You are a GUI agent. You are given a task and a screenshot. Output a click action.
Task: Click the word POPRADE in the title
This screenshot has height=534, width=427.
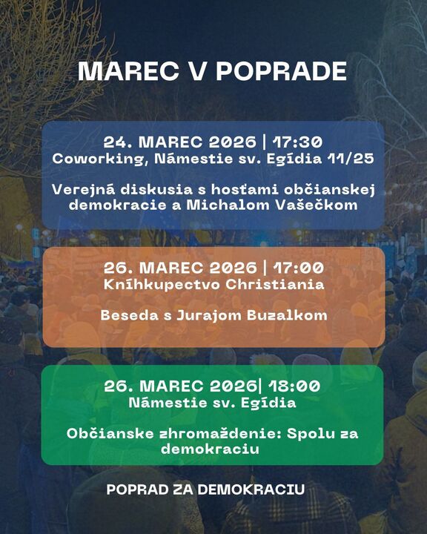point(281,71)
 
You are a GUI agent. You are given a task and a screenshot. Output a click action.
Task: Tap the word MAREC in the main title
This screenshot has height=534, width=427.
point(128,71)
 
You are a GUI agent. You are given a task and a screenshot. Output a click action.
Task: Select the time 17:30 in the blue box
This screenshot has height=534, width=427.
point(297,142)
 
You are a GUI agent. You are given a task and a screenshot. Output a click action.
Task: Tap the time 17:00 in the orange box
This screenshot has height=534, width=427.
point(298,268)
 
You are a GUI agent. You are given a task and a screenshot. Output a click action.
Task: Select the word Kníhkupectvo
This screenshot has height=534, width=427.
point(162,285)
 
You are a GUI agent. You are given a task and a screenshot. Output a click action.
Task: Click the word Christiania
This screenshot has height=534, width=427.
point(275,284)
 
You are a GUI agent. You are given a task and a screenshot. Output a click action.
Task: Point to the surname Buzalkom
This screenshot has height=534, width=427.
point(287,315)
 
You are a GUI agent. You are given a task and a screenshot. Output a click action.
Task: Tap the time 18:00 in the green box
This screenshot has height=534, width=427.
point(294,386)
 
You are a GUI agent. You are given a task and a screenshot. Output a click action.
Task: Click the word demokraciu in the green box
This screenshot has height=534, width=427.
point(210,449)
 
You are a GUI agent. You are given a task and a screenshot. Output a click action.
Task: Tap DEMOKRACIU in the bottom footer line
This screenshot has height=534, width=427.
point(251,489)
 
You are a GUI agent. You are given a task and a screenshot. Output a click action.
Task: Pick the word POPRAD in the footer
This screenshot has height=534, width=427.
point(137,489)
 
